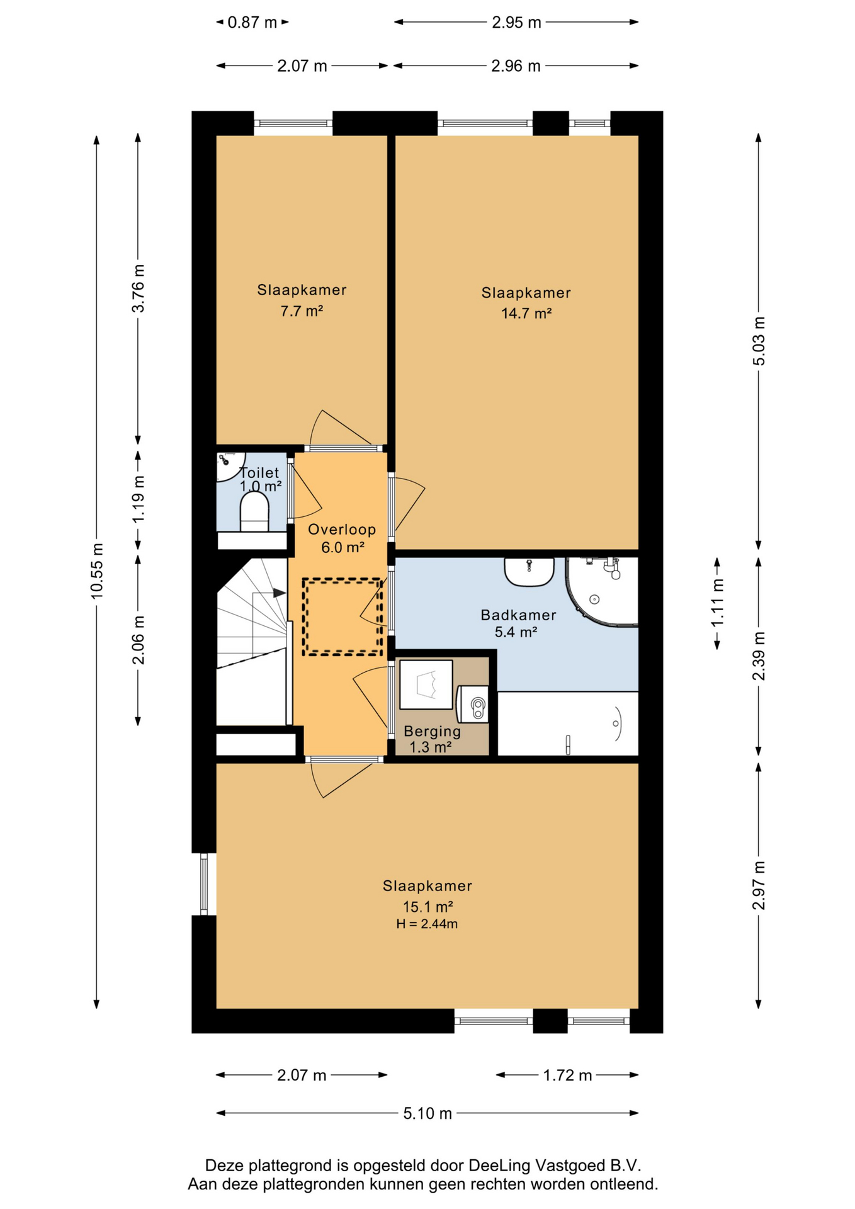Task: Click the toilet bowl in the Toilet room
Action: point(254,511)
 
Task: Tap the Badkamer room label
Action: point(518,615)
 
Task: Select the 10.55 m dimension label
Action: point(97,570)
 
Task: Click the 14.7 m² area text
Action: point(526,313)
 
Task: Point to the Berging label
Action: point(432,732)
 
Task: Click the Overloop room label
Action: point(342,530)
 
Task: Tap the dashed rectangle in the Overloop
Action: point(343,617)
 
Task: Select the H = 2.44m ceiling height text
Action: point(427,924)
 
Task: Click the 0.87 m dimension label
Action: point(252,23)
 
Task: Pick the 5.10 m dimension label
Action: point(427,1113)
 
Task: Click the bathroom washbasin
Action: point(529,571)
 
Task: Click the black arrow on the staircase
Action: point(279,593)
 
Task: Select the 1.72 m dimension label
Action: point(567,1075)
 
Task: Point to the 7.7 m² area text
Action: point(302,310)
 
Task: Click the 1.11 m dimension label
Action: point(717,603)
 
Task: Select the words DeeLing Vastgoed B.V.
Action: point(554,1165)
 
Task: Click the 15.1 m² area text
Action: point(428,907)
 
